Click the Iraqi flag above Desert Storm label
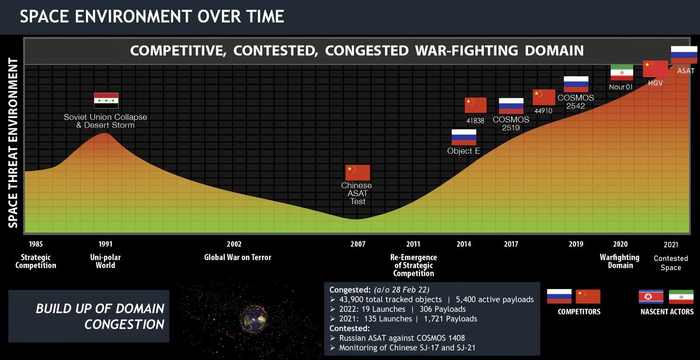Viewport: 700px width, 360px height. (x=106, y=100)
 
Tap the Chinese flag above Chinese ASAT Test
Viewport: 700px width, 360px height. (x=358, y=172)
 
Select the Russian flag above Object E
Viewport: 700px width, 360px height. (x=464, y=137)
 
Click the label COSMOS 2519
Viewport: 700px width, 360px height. (x=511, y=124)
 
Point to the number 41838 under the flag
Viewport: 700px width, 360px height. (x=475, y=121)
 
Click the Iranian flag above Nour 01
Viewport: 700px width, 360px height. (x=622, y=73)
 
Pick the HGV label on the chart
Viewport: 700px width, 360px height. (x=655, y=83)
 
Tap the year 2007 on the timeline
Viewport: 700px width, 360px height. (x=358, y=244)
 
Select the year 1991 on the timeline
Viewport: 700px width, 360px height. (x=105, y=244)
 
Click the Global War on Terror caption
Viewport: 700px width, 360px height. (x=238, y=257)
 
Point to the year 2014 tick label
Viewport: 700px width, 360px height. (x=464, y=244)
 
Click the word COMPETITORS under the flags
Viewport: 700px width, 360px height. (x=579, y=312)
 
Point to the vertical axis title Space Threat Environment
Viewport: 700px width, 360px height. (x=13, y=143)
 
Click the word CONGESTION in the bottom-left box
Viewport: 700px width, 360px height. (x=124, y=324)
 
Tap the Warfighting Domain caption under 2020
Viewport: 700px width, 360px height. (x=620, y=261)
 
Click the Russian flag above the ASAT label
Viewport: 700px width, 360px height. (x=684, y=55)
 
